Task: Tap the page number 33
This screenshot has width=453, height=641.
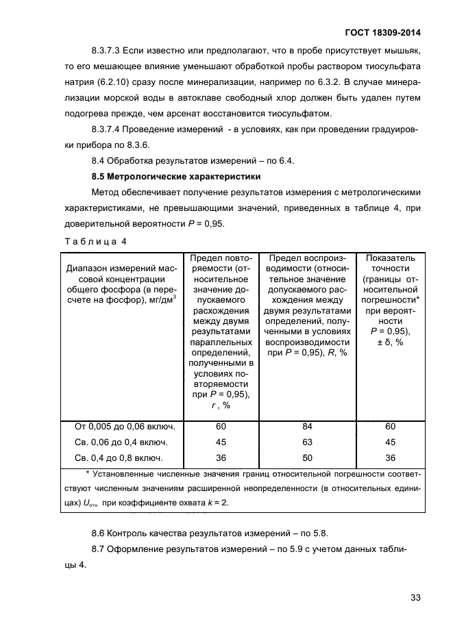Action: pos(415,597)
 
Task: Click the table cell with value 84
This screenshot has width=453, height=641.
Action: pos(306,426)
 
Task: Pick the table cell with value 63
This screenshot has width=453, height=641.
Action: pos(306,442)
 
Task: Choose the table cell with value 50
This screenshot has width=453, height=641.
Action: pos(306,457)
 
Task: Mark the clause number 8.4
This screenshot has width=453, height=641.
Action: pos(99,161)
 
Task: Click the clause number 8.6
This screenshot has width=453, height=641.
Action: pos(99,532)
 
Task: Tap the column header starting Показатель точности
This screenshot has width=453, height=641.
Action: pos(390,299)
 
